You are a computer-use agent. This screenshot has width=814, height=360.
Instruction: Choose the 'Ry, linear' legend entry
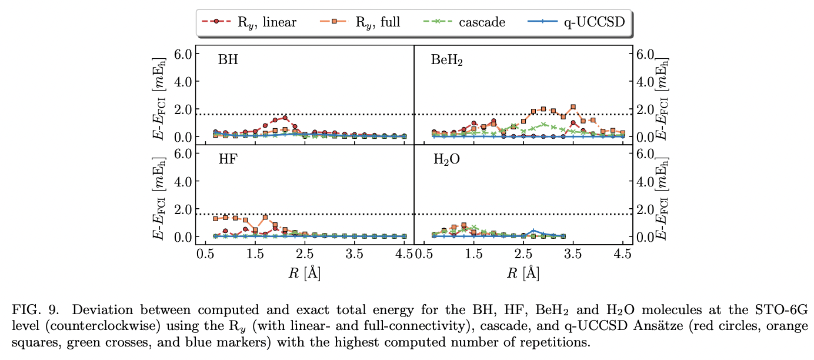249,23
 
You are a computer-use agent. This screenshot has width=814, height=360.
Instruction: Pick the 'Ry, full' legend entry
359,23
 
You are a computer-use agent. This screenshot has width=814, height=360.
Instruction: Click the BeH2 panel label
447,60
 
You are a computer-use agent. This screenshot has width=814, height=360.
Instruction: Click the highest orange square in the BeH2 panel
573,107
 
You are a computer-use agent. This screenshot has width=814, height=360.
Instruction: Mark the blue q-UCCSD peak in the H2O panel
533,231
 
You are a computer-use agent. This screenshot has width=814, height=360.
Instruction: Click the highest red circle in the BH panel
285,118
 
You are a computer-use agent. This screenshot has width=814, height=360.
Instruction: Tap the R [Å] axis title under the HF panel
305,272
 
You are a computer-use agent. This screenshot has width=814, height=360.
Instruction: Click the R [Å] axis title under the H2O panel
523,272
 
